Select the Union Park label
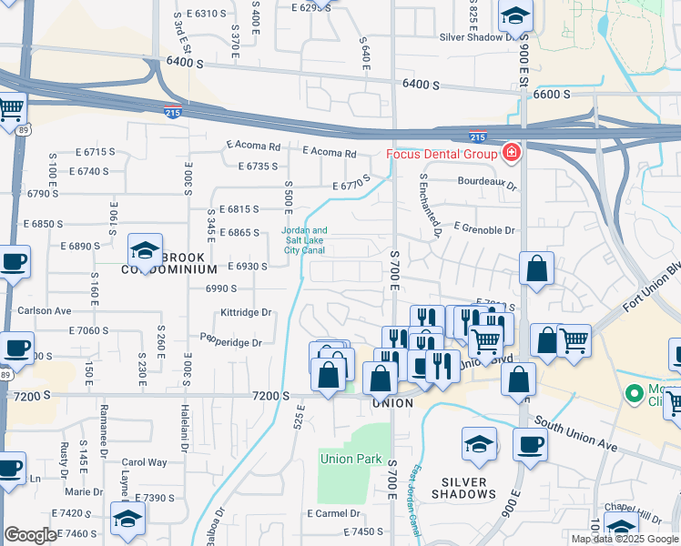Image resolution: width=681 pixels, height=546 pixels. point(351,459)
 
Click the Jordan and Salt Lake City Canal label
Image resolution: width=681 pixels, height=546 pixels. point(304,240)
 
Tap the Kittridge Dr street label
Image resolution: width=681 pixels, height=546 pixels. point(247,312)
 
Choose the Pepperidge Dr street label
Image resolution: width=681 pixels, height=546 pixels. point(231,343)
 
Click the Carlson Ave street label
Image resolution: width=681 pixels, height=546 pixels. point(44,310)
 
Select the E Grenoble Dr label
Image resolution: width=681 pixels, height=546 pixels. point(483,231)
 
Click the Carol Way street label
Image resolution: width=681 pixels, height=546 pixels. point(144,462)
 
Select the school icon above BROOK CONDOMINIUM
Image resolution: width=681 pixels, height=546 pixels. point(144,249)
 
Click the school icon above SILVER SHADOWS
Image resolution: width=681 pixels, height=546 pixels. point(479,445)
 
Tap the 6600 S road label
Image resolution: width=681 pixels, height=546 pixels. point(553,95)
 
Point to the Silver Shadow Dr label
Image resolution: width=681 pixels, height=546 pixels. point(483,37)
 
